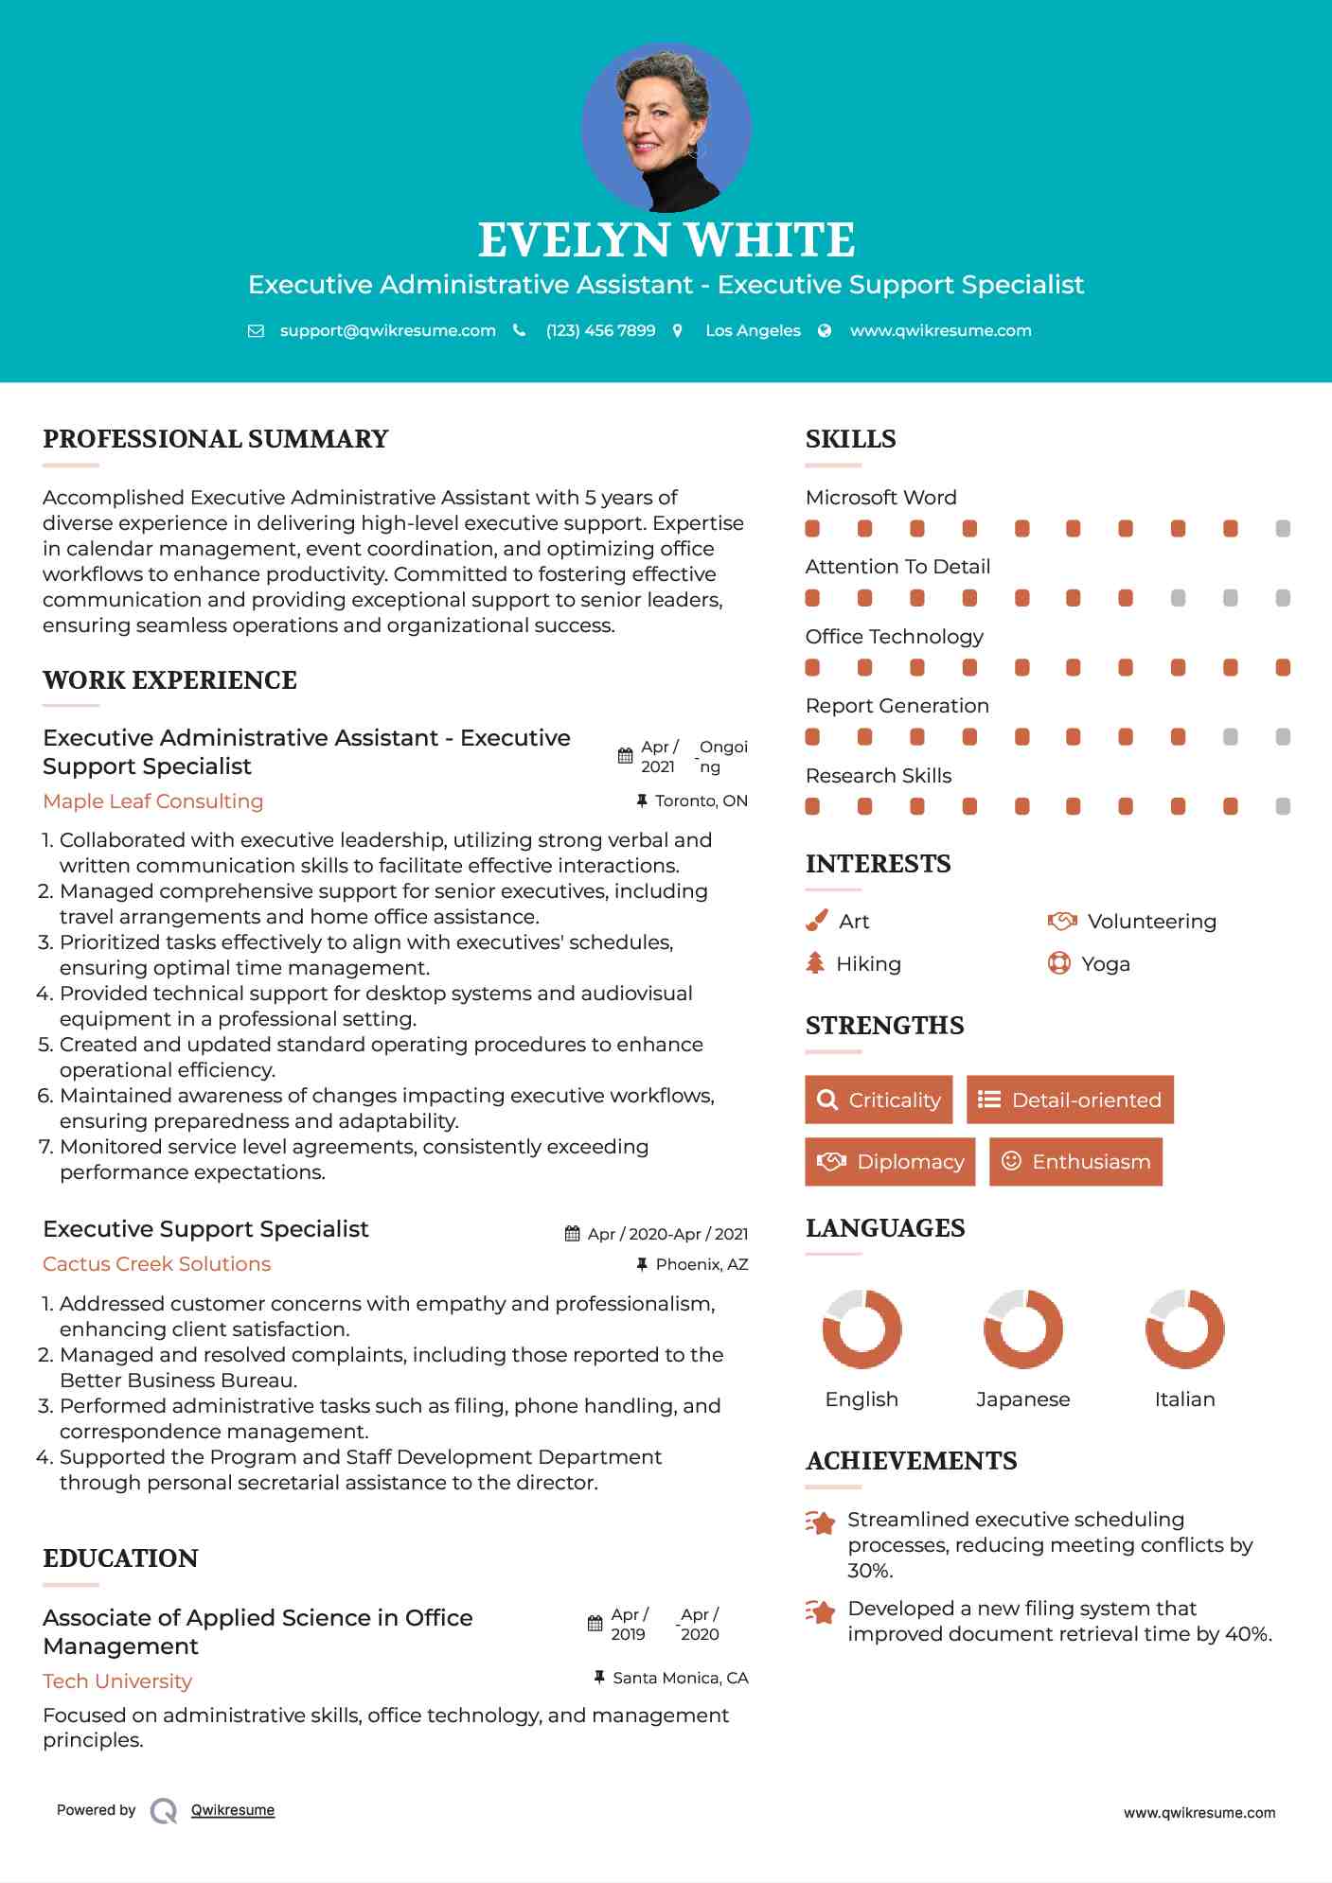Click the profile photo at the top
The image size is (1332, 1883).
pyautogui.click(x=666, y=127)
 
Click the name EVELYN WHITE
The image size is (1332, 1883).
pyautogui.click(x=666, y=240)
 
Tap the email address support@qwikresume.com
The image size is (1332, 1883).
pyautogui.click(x=387, y=330)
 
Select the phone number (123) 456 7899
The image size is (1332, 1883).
pyautogui.click(x=600, y=330)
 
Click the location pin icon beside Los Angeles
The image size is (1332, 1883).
pyautogui.click(x=678, y=330)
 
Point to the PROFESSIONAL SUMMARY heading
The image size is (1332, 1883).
pyautogui.click(x=216, y=439)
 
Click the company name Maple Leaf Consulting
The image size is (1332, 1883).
pyautogui.click(x=153, y=801)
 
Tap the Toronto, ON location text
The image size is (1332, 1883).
pyautogui.click(x=701, y=801)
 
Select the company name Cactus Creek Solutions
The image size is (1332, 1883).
pyautogui.click(x=157, y=1264)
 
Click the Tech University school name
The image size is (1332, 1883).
pyautogui.click(x=117, y=1681)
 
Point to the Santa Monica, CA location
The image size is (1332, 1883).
pyautogui.click(x=680, y=1678)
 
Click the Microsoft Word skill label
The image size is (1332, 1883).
pyautogui.click(x=880, y=498)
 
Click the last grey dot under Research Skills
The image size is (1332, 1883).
pyautogui.click(x=1283, y=806)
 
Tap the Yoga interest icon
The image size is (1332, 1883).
pyautogui.click(x=1058, y=963)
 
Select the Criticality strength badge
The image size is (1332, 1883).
pyautogui.click(x=879, y=1100)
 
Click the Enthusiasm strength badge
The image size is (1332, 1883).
pyautogui.click(x=1075, y=1161)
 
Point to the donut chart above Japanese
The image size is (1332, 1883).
pyautogui.click(x=1022, y=1329)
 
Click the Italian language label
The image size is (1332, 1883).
pyautogui.click(x=1184, y=1399)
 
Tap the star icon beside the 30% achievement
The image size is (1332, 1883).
pyautogui.click(x=820, y=1522)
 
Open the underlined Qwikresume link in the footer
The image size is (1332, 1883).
pyautogui.click(x=233, y=1810)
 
